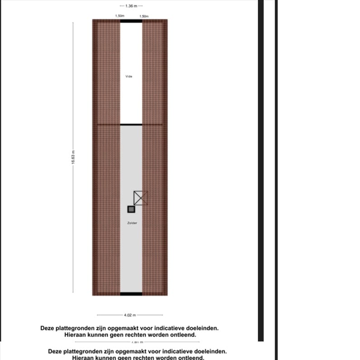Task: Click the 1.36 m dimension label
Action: pyautogui.click(x=131, y=6)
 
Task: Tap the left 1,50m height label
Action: pyautogui.click(x=119, y=16)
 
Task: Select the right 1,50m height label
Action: pyautogui.click(x=144, y=16)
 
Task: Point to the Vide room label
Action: pyautogui.click(x=129, y=76)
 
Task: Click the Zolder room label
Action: pyautogui.click(x=132, y=223)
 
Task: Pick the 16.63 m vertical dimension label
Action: pyautogui.click(x=73, y=158)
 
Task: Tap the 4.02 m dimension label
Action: pyautogui.click(x=130, y=315)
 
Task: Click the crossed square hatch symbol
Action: pyautogui.click(x=141, y=198)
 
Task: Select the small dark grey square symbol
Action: pyautogui.click(x=131, y=209)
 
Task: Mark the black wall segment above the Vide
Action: pyautogui.click(x=131, y=21)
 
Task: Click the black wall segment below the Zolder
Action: pyautogui.click(x=131, y=294)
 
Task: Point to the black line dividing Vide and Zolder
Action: pyautogui.click(x=131, y=124)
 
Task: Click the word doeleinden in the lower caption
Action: pyautogui.click(x=206, y=351)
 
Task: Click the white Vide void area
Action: pyautogui.click(x=131, y=54)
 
